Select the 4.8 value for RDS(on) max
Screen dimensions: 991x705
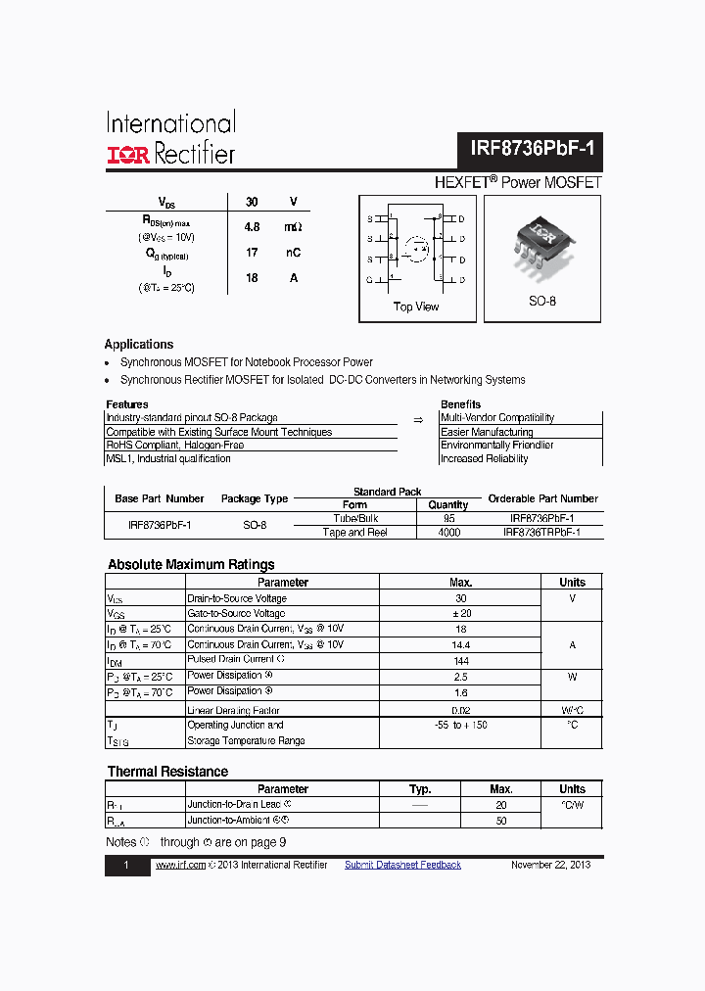(x=252, y=226)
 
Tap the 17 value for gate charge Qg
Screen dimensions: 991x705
(x=252, y=253)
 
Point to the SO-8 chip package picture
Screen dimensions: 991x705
(x=541, y=244)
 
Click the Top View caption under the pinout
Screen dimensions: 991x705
(x=416, y=307)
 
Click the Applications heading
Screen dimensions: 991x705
(x=139, y=345)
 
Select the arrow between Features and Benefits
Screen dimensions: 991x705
(x=418, y=419)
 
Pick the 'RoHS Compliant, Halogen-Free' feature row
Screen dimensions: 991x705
(x=175, y=445)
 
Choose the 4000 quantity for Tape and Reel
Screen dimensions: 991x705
(x=448, y=533)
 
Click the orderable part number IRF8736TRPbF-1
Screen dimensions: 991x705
(x=541, y=533)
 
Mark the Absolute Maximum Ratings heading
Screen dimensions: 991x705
(x=191, y=565)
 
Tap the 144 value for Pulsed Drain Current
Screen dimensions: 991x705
(x=461, y=661)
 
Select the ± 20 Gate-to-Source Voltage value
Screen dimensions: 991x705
(x=461, y=614)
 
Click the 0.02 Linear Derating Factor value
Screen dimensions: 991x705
(x=461, y=710)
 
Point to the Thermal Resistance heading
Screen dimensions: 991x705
(x=167, y=772)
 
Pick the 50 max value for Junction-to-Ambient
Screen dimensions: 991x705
(x=501, y=821)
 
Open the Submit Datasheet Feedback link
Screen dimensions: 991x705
(x=402, y=865)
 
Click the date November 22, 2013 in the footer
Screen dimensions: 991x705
(x=550, y=865)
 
